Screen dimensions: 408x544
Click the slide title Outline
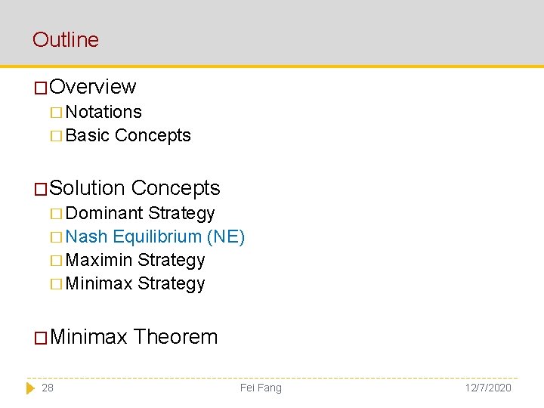click(66, 39)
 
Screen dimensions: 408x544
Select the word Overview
click(93, 87)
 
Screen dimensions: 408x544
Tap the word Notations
click(104, 112)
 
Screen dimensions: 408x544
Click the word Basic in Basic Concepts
click(88, 135)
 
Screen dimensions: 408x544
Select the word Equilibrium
click(157, 236)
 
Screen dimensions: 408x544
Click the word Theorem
click(175, 336)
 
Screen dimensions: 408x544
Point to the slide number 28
click(48, 388)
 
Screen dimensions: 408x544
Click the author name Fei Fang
click(261, 388)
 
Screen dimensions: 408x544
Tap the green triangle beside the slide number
click(30, 388)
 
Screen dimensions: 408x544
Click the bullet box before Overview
click(41, 88)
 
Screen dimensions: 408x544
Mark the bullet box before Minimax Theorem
click(41, 337)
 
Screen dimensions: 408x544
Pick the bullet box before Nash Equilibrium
click(57, 237)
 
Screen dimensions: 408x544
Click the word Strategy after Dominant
click(181, 213)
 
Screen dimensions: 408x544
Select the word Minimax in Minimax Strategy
click(99, 283)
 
